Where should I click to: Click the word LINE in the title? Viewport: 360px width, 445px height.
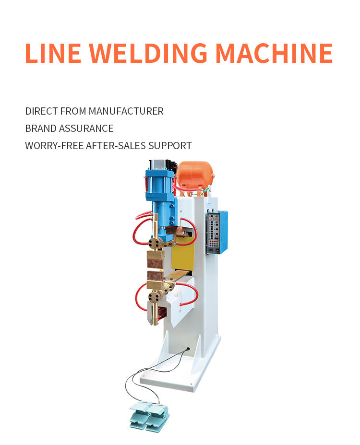(53, 53)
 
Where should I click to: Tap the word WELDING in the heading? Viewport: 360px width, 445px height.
(148, 53)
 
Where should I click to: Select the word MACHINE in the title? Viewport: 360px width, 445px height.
(274, 53)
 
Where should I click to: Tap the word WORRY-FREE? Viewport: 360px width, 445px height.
(54, 146)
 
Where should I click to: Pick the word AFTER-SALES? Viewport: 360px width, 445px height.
(116, 146)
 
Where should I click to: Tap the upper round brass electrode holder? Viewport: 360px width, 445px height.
(155, 244)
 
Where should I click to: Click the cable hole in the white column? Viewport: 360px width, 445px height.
(188, 349)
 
